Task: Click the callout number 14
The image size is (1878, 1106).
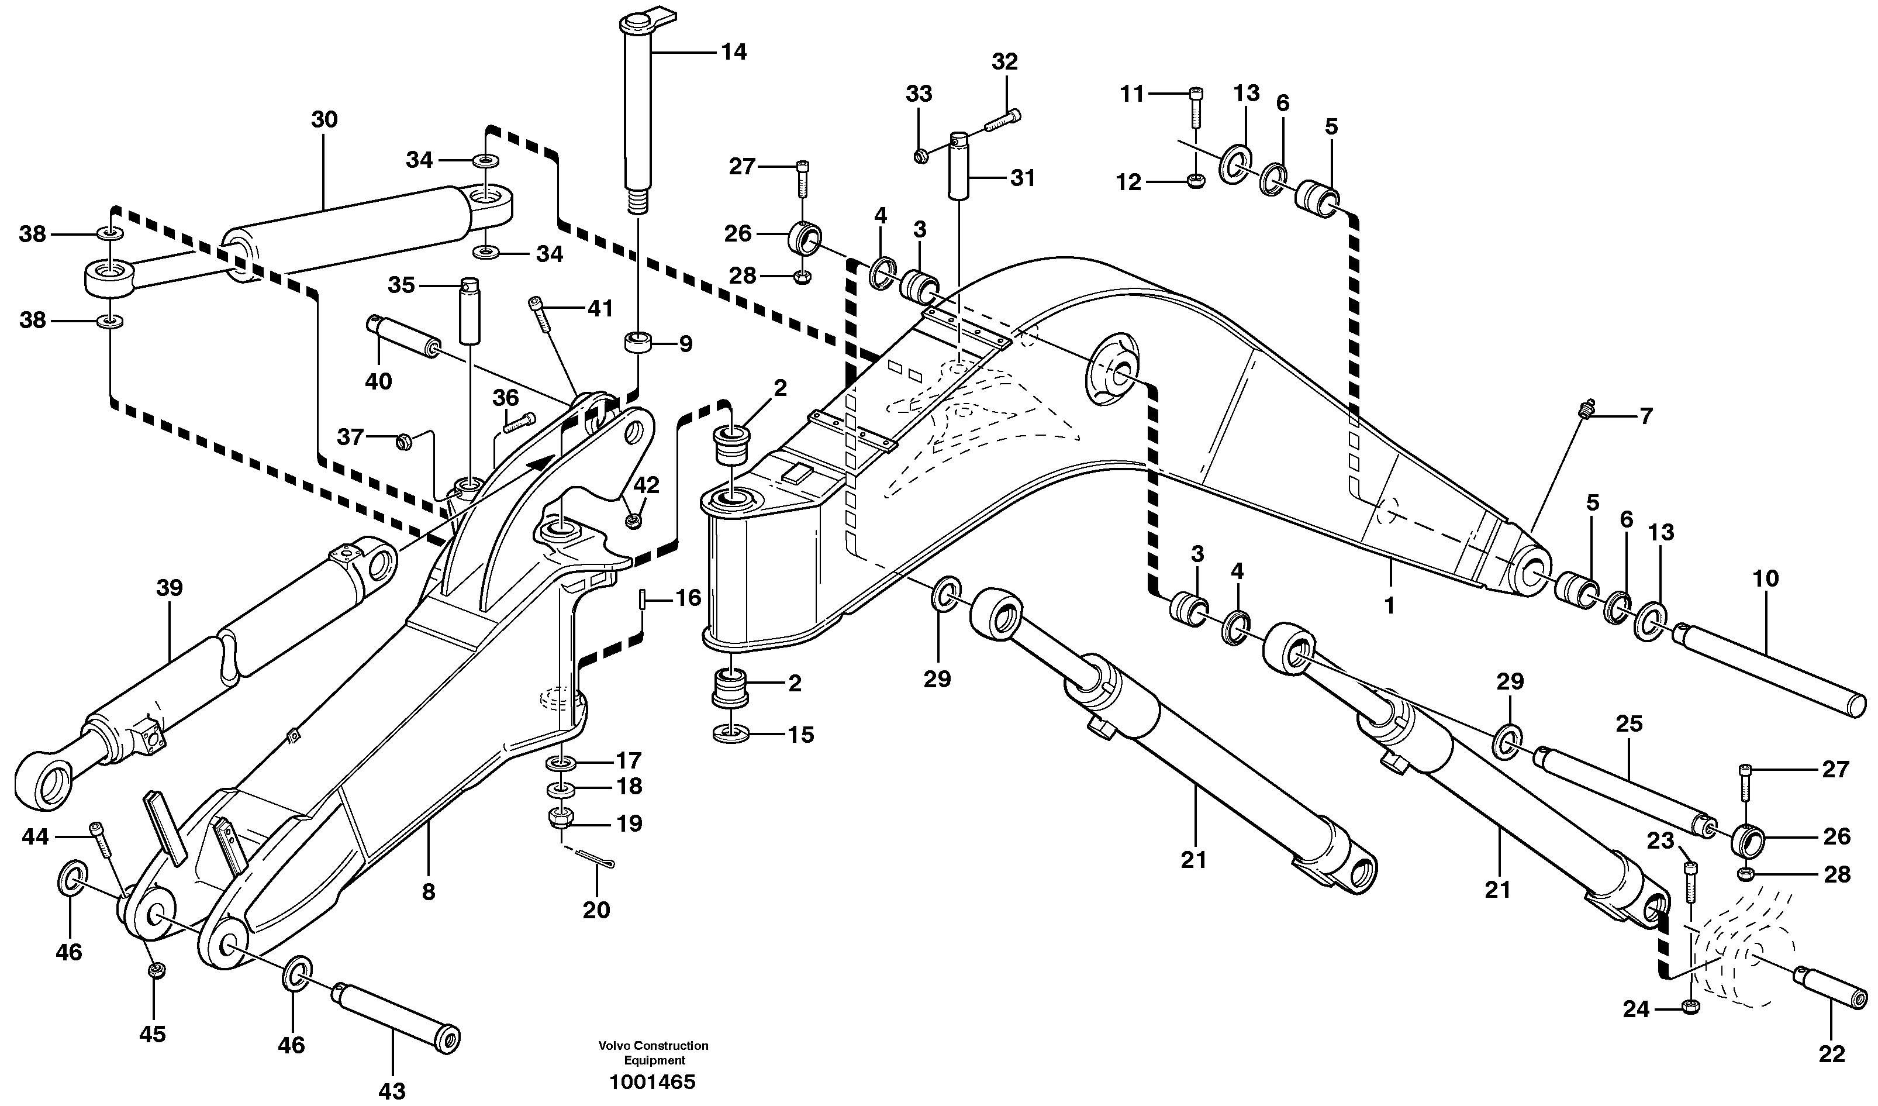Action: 733,52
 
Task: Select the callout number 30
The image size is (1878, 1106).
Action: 324,119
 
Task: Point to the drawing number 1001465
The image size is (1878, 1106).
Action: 653,1082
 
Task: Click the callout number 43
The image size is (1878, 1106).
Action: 392,1091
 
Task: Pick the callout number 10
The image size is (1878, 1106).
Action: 1766,578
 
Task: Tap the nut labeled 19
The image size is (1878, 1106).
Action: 561,818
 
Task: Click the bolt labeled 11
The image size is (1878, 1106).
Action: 1195,109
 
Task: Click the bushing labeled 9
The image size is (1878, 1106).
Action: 637,344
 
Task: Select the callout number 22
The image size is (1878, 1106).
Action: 1832,1054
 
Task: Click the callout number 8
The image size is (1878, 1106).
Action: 429,892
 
